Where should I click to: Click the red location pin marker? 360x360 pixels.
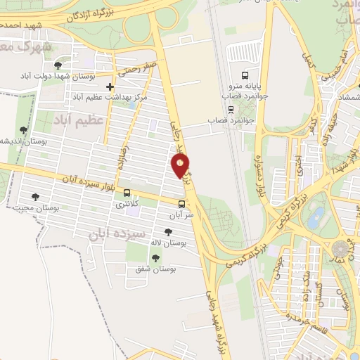181,165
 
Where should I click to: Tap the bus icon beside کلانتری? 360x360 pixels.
127,193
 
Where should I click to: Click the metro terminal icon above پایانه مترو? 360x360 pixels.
245,75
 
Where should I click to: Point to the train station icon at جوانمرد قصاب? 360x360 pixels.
231,109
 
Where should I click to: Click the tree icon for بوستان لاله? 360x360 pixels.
167,233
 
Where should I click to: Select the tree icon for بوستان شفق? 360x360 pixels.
155,258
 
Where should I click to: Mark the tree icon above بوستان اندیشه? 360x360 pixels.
24,130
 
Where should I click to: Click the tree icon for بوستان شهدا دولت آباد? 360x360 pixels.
57,65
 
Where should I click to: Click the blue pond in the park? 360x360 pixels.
318,214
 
